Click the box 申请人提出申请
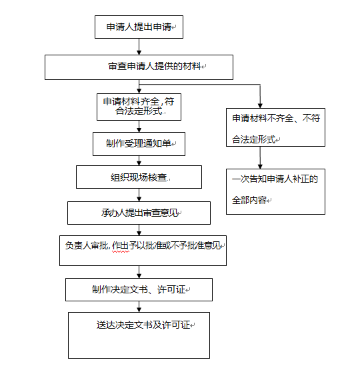click(x=139, y=27)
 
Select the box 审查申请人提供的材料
click(x=139, y=67)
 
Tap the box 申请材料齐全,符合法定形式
click(x=139, y=107)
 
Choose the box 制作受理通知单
click(x=139, y=144)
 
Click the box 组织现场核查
click(x=139, y=177)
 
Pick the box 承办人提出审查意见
click(x=139, y=213)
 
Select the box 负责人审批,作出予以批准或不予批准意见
click(x=143, y=251)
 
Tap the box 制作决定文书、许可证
click(x=139, y=290)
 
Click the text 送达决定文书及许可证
click(x=143, y=325)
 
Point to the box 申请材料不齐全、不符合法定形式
click(x=275, y=127)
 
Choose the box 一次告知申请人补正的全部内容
click(x=275, y=192)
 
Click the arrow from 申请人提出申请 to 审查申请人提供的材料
click(x=139, y=47)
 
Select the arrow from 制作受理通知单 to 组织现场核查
click(x=139, y=161)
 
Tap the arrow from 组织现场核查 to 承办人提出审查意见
click(x=139, y=195)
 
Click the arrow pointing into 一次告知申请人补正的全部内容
click(x=260, y=158)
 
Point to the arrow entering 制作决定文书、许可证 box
click(x=139, y=272)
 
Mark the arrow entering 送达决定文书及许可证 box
click(x=139, y=307)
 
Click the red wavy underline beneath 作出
click(x=121, y=251)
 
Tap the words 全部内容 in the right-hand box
click(x=249, y=200)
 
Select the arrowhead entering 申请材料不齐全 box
click(x=260, y=106)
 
